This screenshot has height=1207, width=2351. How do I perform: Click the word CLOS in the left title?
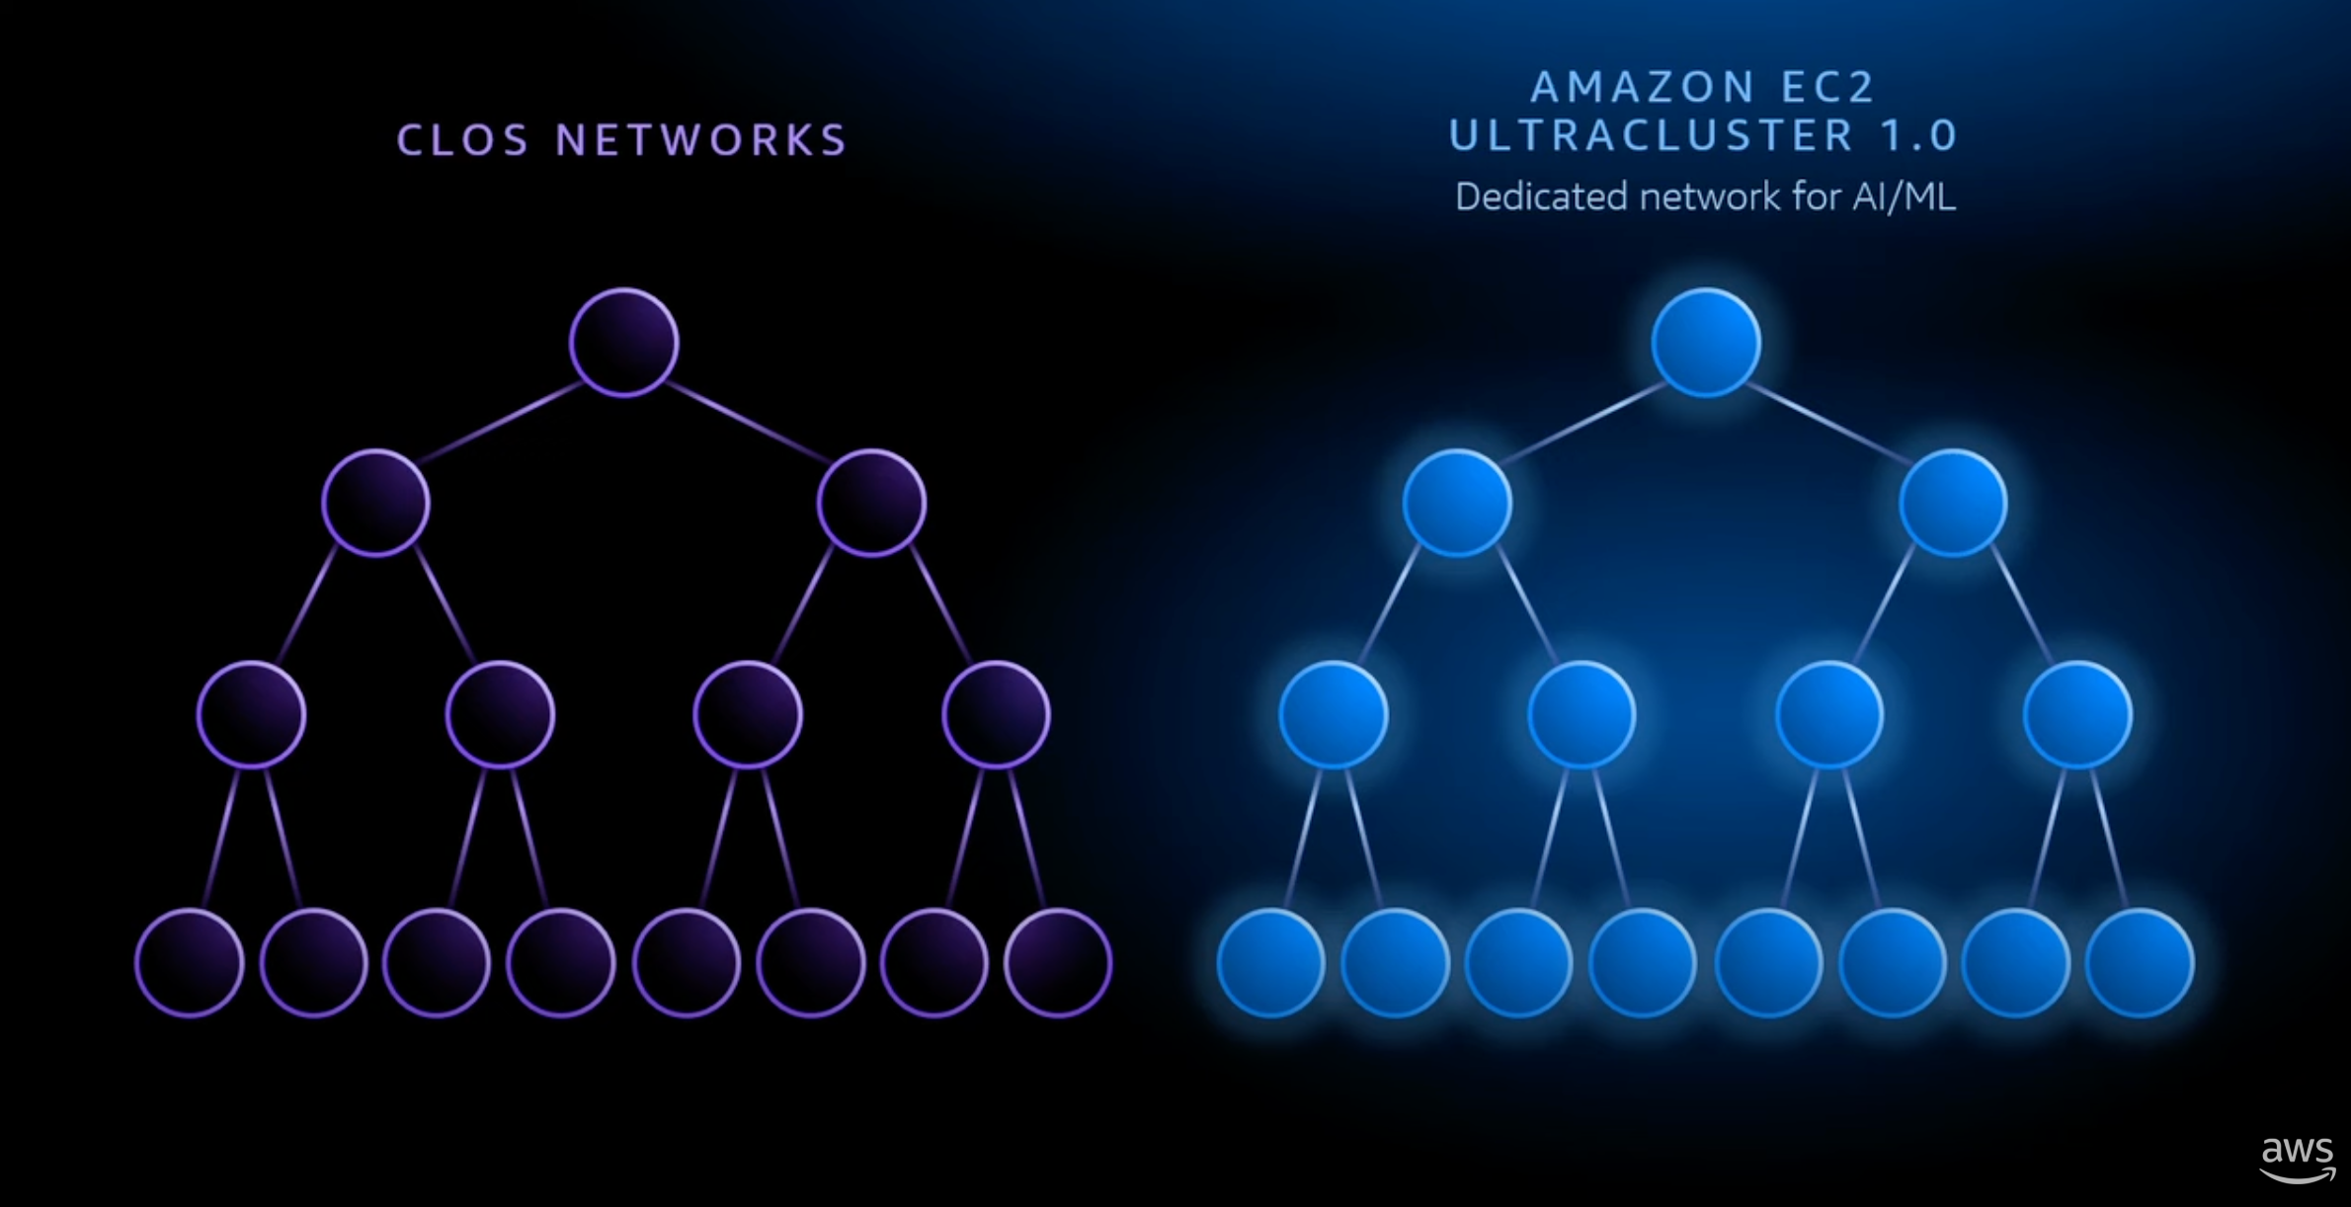463,140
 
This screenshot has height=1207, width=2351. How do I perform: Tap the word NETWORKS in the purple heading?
701,140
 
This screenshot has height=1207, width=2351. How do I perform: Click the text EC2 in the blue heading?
1827,87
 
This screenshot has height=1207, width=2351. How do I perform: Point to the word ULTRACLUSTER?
1651,135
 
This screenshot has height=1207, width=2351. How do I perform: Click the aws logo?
2298,1159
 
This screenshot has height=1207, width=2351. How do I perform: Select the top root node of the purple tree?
623,343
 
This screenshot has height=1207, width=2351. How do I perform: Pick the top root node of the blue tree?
1706,343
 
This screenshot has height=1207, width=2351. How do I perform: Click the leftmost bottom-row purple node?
190,963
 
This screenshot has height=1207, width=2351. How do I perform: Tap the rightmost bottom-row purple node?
1058,963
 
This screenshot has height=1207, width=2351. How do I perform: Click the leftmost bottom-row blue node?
1271,963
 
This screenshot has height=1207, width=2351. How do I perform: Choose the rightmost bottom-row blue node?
2140,963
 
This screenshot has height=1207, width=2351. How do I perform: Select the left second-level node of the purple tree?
375,503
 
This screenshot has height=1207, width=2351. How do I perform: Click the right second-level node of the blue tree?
1953,503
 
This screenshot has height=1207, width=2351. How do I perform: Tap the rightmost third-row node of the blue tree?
2077,714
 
